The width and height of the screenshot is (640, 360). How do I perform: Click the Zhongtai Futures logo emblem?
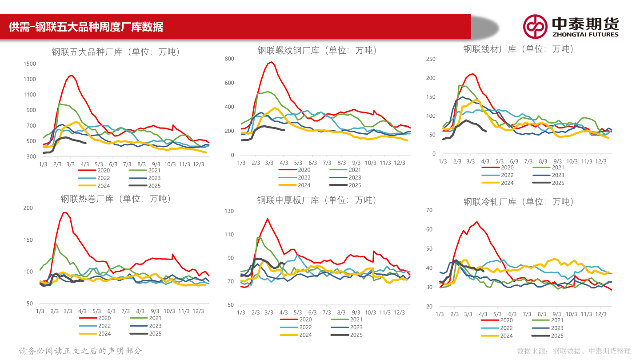click(x=535, y=26)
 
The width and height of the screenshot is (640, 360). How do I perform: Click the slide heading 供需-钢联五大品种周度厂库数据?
click(x=86, y=27)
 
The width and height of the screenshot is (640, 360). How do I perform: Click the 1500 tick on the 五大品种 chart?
click(x=29, y=64)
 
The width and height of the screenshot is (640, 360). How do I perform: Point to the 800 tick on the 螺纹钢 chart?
click(x=229, y=59)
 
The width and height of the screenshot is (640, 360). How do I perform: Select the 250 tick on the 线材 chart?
click(x=431, y=59)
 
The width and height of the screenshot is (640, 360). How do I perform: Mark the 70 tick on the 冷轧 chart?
click(x=429, y=210)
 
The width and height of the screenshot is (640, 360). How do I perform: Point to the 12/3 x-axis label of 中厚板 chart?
click(x=400, y=312)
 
